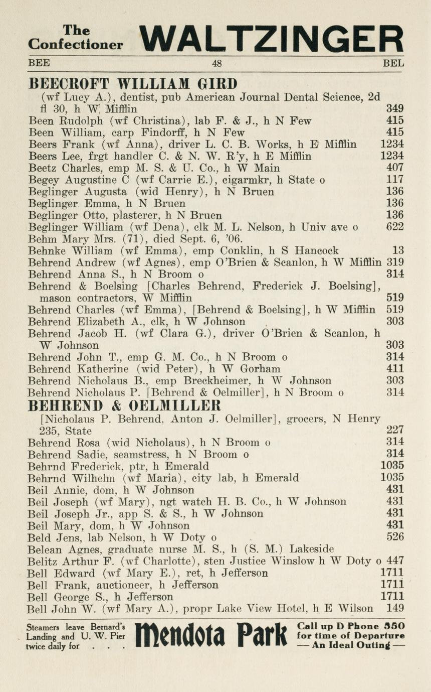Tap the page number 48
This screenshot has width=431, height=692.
click(217, 64)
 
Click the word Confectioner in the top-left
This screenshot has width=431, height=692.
click(75, 45)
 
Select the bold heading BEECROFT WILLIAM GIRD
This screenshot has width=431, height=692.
click(133, 83)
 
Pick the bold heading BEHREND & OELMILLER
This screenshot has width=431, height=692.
click(124, 405)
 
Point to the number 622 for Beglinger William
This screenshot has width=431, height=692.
click(395, 227)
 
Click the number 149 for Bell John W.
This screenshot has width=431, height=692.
click(395, 609)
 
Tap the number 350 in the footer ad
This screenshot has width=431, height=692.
click(395, 626)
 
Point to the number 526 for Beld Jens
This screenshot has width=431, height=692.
click(395, 537)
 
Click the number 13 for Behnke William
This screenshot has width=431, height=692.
click(398, 250)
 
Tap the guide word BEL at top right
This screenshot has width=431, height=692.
click(393, 64)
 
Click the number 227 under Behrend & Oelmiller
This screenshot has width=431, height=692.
click(395, 430)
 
